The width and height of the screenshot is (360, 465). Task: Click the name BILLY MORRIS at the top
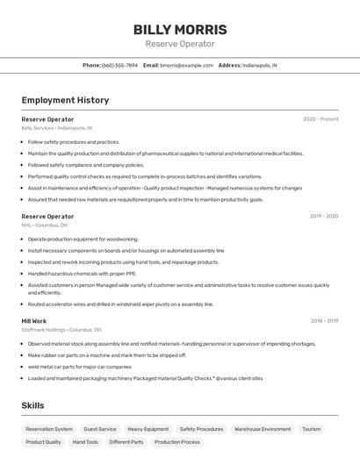[x=180, y=29]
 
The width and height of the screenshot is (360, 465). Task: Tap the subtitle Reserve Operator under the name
[x=180, y=44]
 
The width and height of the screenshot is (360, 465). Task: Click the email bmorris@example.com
[x=186, y=65]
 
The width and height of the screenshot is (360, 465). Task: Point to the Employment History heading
[x=65, y=100]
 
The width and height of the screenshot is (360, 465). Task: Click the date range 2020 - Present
[x=320, y=118]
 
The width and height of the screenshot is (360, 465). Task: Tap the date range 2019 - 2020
[x=324, y=216]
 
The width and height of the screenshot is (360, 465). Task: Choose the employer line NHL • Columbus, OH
[x=45, y=225]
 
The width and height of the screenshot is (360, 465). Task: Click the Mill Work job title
[x=34, y=321]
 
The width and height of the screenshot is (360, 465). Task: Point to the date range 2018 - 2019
[x=324, y=321]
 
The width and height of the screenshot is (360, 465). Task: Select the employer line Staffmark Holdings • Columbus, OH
[x=61, y=330]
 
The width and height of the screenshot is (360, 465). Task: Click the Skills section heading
[x=32, y=405]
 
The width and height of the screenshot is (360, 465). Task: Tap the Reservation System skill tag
[x=49, y=429]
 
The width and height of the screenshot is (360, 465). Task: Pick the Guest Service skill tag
[x=99, y=429]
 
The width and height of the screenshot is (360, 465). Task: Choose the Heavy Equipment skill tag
[x=148, y=429]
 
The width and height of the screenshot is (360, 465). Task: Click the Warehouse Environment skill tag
[x=263, y=429]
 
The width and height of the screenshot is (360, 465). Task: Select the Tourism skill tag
[x=311, y=429]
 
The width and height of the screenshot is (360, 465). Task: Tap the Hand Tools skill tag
[x=85, y=442]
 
